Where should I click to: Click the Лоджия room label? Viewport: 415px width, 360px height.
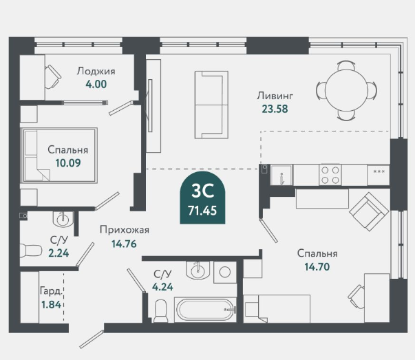tap(96, 71)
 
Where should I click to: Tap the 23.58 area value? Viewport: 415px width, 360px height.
tap(275, 109)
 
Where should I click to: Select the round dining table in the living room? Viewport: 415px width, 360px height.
tap(346, 91)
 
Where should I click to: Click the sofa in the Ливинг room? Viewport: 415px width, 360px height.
tap(211, 105)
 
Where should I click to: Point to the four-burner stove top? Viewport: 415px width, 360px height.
tap(330, 175)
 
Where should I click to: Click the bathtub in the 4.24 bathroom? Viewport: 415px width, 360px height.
tap(205, 310)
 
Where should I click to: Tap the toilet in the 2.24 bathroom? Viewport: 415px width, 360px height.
tap(31, 251)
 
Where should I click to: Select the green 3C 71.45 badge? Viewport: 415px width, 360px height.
tap(203, 198)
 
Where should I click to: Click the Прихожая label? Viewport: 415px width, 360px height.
tap(125, 230)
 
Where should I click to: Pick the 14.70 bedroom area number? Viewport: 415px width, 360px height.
tap(317, 267)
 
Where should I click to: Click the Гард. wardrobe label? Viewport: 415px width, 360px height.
tap(52, 291)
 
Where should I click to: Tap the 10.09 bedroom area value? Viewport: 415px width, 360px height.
tap(68, 163)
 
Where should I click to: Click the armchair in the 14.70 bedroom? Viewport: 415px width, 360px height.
tap(369, 211)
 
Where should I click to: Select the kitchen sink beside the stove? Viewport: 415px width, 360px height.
tap(281, 175)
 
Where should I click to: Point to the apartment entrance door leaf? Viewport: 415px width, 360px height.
tap(92, 339)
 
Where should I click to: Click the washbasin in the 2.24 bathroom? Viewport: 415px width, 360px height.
tap(63, 219)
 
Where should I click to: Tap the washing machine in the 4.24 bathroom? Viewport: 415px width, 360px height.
tap(225, 272)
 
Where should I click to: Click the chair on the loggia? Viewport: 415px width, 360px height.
tap(53, 77)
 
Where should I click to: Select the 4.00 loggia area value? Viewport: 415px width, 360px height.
tap(96, 84)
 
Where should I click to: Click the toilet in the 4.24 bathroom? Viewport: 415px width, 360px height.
tap(161, 310)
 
